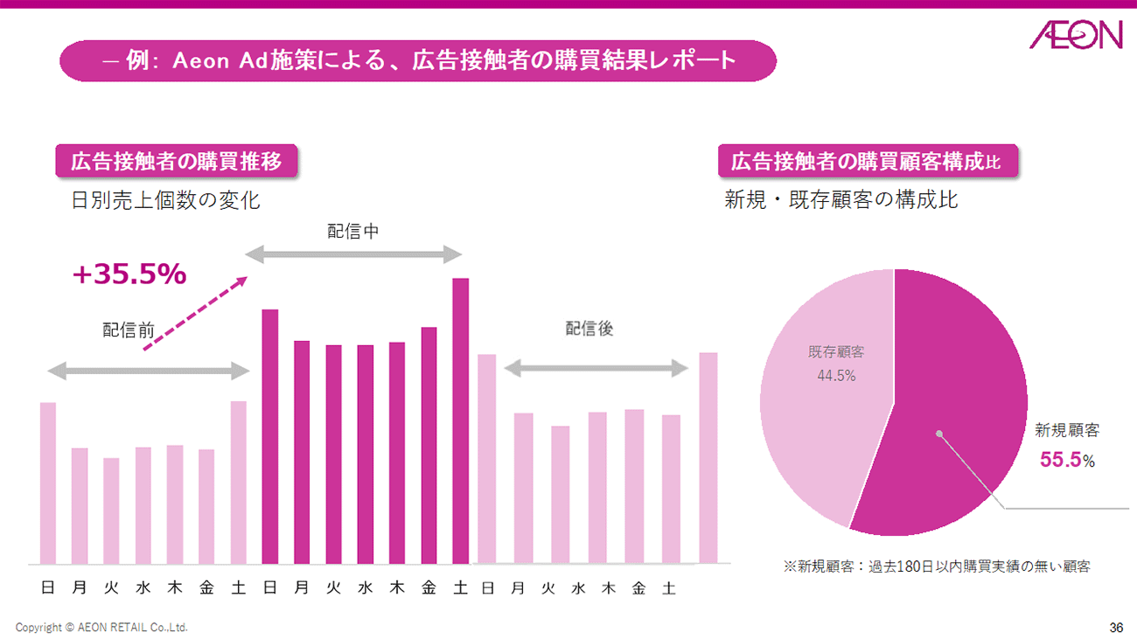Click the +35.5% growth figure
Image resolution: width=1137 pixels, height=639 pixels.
click(x=129, y=274)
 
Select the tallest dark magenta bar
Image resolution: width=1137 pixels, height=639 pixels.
click(x=461, y=420)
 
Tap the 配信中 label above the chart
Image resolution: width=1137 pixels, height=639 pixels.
click(x=352, y=231)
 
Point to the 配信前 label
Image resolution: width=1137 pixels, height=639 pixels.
click(x=129, y=330)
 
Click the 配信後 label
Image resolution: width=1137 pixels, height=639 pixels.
click(x=589, y=329)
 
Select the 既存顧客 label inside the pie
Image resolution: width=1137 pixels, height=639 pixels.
click(x=836, y=352)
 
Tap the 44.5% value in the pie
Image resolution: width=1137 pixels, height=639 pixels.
click(x=836, y=376)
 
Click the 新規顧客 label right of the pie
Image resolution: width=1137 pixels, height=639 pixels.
click(x=1067, y=430)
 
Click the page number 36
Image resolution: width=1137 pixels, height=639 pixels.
click(x=1116, y=628)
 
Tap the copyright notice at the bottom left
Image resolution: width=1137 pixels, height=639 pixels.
click(x=101, y=628)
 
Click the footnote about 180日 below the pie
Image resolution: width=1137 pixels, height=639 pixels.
click(x=937, y=566)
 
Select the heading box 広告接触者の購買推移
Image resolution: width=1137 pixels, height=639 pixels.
click(x=176, y=162)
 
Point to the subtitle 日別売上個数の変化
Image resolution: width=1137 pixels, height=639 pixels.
click(x=165, y=200)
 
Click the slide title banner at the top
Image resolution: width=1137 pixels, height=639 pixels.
click(x=417, y=61)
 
